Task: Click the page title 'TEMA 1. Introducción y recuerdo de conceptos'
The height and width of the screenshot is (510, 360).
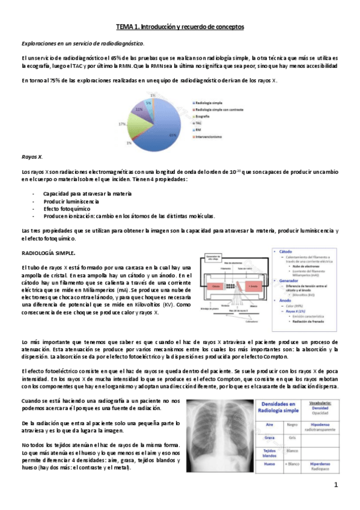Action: click(x=180, y=27)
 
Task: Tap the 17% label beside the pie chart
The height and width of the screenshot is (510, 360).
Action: click(x=121, y=123)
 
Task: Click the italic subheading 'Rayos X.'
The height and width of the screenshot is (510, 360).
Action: click(x=32, y=156)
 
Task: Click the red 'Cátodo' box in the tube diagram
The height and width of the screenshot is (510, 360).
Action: click(x=218, y=287)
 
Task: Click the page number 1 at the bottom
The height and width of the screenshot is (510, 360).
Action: click(x=337, y=485)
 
